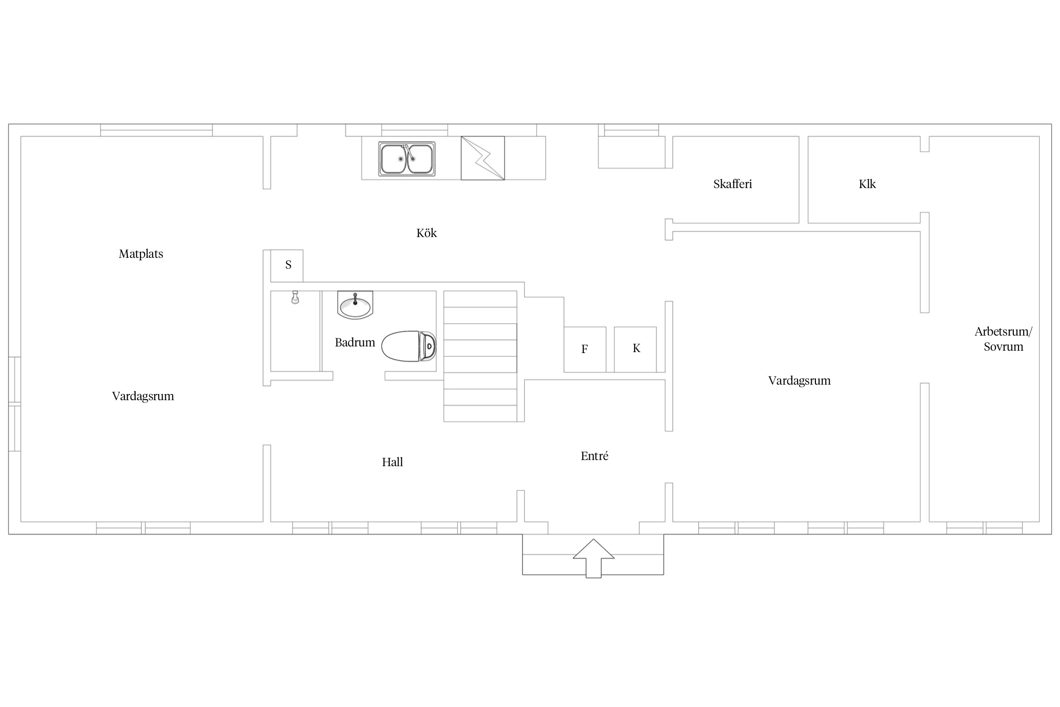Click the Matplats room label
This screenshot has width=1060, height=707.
click(141, 254)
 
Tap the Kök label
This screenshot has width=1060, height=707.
click(426, 233)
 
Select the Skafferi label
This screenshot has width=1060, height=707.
click(733, 184)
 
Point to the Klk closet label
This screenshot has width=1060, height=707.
click(867, 184)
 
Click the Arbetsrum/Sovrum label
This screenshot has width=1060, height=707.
click(1003, 339)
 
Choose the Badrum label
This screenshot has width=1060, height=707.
click(355, 342)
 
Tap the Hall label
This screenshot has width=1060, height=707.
click(392, 462)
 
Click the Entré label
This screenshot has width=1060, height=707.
click(595, 456)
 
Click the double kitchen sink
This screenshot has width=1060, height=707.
click(407, 159)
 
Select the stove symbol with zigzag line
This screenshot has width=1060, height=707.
click(482, 158)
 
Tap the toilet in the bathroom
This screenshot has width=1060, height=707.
click(409, 346)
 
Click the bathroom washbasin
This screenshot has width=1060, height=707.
click(355, 305)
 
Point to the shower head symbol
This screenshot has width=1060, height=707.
click(295, 297)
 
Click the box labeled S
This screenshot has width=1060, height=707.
click(287, 266)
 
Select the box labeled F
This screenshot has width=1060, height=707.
click(585, 349)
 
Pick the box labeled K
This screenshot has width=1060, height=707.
click(636, 349)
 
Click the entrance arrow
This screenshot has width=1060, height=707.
click(594, 558)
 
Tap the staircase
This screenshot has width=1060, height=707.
click(480, 356)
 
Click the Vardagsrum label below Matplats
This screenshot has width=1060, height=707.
click(143, 396)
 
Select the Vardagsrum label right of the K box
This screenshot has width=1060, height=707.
click(799, 381)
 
